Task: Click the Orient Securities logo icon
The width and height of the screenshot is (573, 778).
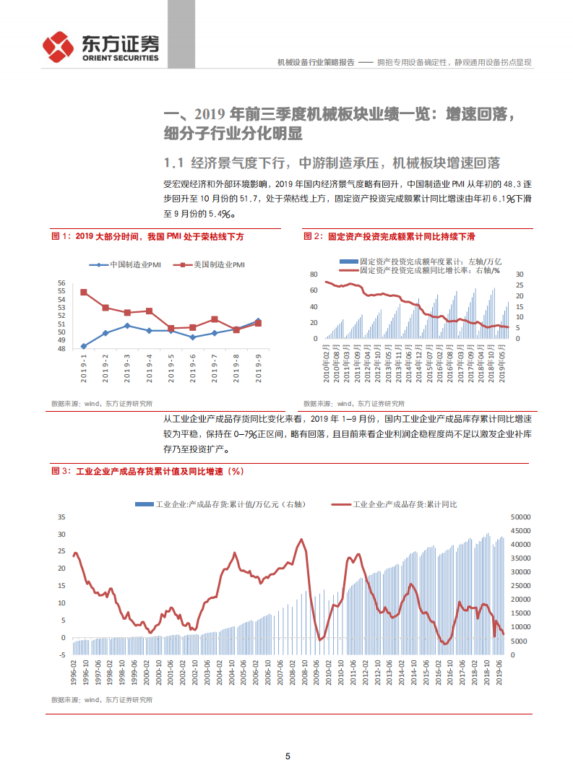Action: pos(59,46)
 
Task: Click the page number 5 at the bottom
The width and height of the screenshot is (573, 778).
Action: pos(288,756)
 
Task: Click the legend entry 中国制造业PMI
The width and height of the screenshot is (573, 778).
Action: pos(129,265)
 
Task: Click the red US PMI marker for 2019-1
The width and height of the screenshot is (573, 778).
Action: pos(84,293)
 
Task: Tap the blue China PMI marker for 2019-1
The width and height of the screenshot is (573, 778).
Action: pos(84,346)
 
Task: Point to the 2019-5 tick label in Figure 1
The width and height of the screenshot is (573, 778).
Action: pos(171,368)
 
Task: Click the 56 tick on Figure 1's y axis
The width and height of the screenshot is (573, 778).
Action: pos(61,284)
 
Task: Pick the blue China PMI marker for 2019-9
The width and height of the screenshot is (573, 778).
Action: pos(258,321)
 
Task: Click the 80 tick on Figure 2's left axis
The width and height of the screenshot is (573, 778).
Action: pos(313,275)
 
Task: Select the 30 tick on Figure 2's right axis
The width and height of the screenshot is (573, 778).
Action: pos(518,275)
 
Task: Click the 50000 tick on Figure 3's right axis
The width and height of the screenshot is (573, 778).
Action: pos(520,517)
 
